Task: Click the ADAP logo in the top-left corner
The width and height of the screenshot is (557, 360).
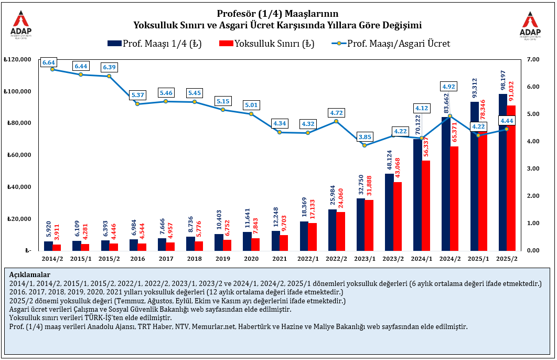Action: tap(21, 24)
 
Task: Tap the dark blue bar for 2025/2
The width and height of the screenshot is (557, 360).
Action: tap(502, 173)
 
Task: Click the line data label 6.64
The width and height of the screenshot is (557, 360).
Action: tap(49, 62)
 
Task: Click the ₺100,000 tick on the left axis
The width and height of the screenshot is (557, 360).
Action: tap(17, 91)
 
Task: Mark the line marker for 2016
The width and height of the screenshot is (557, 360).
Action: tap(137, 104)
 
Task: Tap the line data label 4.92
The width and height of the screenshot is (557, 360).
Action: tap(448, 87)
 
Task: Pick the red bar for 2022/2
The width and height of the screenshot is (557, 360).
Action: tap(341, 231)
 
